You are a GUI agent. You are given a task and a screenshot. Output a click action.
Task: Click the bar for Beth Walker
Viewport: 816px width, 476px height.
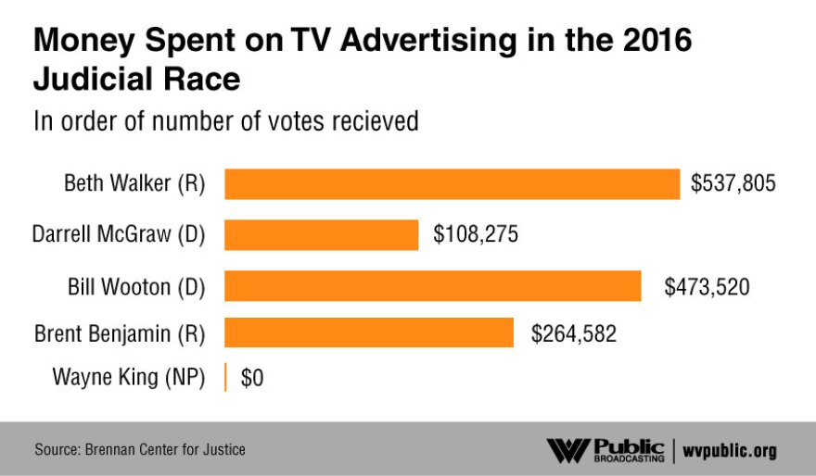[452, 184]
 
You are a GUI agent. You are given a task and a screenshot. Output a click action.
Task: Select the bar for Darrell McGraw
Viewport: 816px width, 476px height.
[321, 235]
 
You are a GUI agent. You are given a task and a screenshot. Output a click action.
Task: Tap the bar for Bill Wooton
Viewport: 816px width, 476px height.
[433, 286]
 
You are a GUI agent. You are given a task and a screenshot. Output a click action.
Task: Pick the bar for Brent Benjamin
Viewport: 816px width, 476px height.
[369, 332]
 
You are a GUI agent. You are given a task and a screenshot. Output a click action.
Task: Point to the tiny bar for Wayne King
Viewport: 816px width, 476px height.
[225, 378]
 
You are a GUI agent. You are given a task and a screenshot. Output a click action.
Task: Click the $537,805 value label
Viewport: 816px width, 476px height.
[733, 184]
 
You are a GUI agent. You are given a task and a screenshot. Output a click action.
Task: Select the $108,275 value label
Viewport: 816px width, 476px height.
[475, 235]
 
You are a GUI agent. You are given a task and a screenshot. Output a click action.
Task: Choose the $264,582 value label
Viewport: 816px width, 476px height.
[573, 332]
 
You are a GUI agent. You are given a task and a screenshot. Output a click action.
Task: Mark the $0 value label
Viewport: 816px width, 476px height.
[252, 378]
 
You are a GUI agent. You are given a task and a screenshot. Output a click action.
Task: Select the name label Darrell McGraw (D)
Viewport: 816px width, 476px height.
[118, 235]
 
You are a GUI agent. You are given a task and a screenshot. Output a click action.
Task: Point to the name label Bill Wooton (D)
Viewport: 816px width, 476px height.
[133, 287]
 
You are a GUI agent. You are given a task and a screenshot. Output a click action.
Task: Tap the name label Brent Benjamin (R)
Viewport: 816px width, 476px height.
[120, 332]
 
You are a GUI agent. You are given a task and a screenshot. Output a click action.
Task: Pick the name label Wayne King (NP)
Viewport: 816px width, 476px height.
[128, 378]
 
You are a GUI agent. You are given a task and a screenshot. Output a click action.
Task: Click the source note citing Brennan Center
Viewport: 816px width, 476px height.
[140, 450]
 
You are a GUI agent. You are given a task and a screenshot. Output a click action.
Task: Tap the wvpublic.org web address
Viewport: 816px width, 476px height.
[730, 451]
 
